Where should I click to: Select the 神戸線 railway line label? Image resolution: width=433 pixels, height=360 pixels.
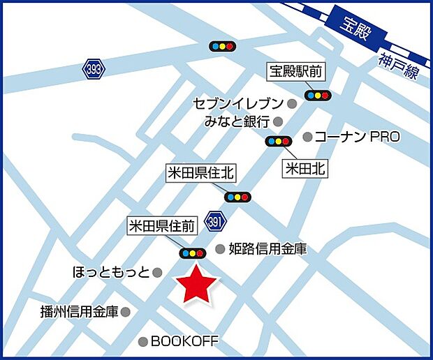point(399,66)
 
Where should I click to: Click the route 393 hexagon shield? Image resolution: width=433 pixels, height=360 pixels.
point(93,69)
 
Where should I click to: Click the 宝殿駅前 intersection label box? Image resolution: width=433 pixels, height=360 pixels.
point(297,70)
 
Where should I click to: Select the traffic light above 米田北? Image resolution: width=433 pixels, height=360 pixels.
point(278,142)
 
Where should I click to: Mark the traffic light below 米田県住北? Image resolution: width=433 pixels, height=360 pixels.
point(237,197)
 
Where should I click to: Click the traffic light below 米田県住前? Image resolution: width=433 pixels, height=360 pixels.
point(192,253)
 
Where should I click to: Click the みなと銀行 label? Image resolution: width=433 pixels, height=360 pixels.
point(237,122)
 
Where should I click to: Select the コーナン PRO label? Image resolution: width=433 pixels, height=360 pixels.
point(357,137)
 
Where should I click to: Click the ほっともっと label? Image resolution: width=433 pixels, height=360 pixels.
point(111,271)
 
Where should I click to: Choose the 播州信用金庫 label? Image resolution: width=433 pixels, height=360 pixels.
point(79,312)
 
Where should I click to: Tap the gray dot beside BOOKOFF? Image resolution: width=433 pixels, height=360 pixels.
point(143,342)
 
